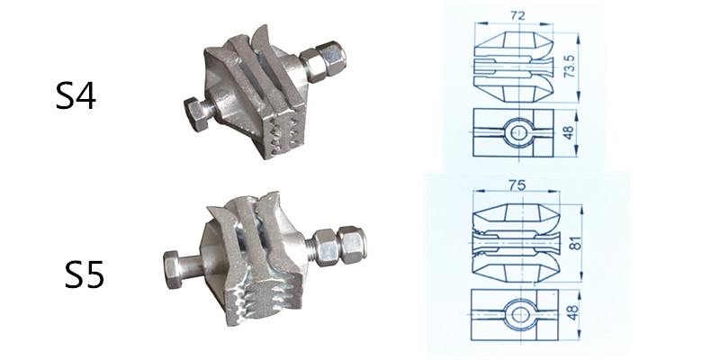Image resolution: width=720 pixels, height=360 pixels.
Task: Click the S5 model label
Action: tap(84, 274)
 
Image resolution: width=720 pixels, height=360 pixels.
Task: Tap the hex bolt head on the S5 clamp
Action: tap(173, 269)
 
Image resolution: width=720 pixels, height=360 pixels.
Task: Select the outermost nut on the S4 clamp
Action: tap(334, 58)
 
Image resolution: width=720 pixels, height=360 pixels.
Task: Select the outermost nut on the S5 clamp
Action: tap(352, 245)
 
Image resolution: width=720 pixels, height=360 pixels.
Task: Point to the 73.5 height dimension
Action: tap(569, 67)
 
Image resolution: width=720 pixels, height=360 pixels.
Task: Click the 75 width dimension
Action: tap(517, 184)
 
